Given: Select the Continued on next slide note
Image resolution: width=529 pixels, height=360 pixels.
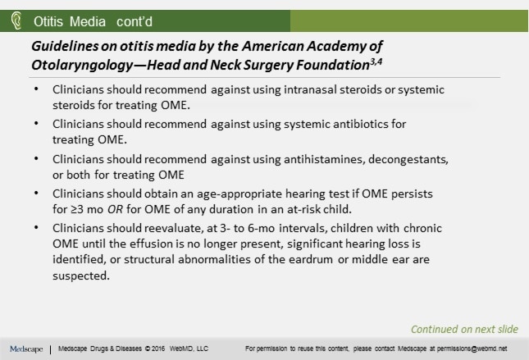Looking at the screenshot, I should pos(464,329).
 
